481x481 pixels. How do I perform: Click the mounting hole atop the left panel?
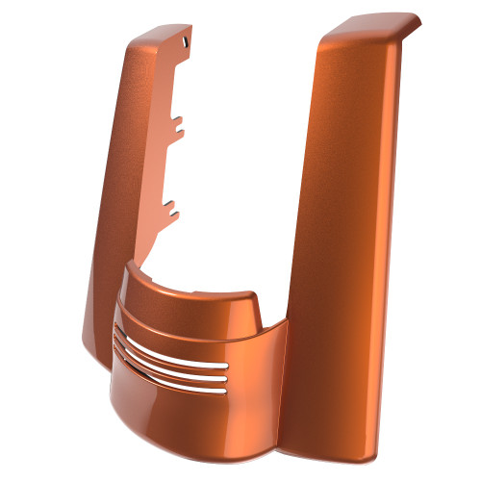(184, 41)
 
